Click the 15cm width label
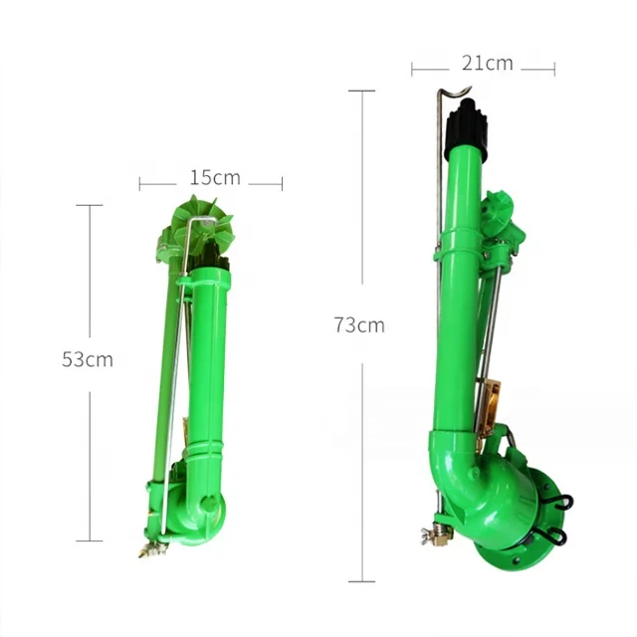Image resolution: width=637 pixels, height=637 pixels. pos(215,178)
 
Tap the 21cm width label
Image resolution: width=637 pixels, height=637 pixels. pos(487,64)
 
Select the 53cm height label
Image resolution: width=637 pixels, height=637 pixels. pos(88,359)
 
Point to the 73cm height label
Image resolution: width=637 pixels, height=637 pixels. pos(359,325)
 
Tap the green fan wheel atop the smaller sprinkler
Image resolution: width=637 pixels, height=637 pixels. pos(203,226)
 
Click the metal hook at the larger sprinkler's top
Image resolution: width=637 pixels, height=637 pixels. pos(454,93)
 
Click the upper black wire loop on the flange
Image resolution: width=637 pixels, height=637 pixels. pos(561,502)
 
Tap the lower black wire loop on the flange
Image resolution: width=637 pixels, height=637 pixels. pos(557,534)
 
